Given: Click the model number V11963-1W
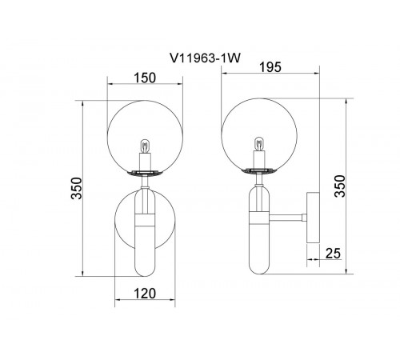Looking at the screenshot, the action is click(205, 58).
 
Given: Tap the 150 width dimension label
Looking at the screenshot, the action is click(145, 78).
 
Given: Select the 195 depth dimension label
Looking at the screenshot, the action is click(270, 67).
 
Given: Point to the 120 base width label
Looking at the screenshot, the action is click(145, 294).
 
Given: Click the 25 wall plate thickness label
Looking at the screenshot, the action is click(333, 254).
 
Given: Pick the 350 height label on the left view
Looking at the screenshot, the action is click(78, 188).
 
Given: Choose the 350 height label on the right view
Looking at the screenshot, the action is click(340, 186).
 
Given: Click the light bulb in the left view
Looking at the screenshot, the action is click(144, 147).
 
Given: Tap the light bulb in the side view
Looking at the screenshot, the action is click(258, 144).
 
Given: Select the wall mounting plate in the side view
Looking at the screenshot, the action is click(313, 218).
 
